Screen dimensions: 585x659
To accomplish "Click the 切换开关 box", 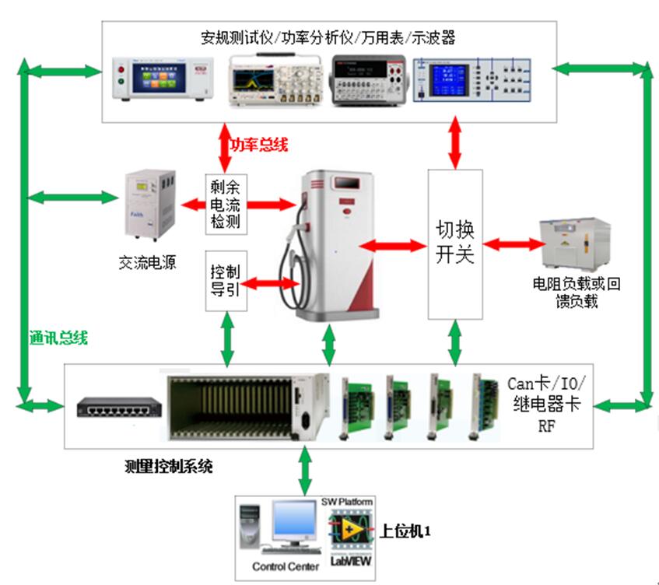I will [455, 243].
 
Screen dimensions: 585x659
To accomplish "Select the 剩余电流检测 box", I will [226, 205].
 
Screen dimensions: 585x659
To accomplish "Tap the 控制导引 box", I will [226, 280].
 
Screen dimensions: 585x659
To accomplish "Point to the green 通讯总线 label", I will [58, 337].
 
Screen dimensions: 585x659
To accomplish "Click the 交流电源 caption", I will [149, 263].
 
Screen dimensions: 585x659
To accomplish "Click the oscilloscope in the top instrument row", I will [275, 79].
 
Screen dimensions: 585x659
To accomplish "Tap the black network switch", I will [118, 407].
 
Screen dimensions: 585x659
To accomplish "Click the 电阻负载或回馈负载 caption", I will [576, 292].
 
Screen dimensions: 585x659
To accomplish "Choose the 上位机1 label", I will [405, 532].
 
